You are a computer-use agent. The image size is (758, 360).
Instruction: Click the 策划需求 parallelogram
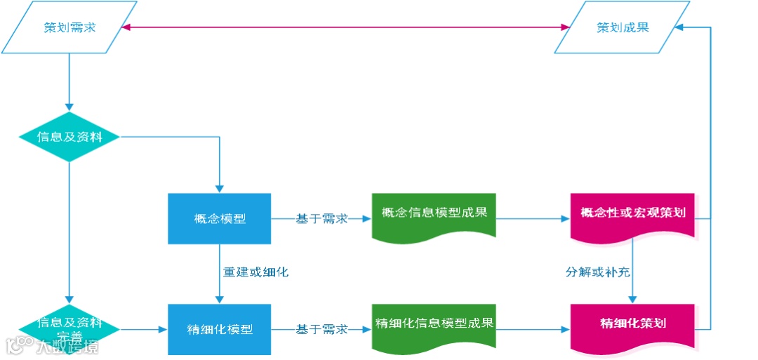[69, 27]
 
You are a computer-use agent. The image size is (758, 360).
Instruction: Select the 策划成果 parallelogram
[623, 27]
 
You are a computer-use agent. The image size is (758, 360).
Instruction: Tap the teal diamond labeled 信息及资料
[69, 137]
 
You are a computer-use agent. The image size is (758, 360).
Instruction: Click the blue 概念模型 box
[219, 218]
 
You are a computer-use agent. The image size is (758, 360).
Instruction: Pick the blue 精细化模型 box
[219, 328]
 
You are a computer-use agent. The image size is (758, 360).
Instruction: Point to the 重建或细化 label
[255, 272]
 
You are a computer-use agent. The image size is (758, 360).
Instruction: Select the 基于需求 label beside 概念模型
[321, 219]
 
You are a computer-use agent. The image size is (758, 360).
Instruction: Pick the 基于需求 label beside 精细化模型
[321, 328]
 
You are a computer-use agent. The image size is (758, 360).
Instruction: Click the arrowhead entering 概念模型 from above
[220, 188]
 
